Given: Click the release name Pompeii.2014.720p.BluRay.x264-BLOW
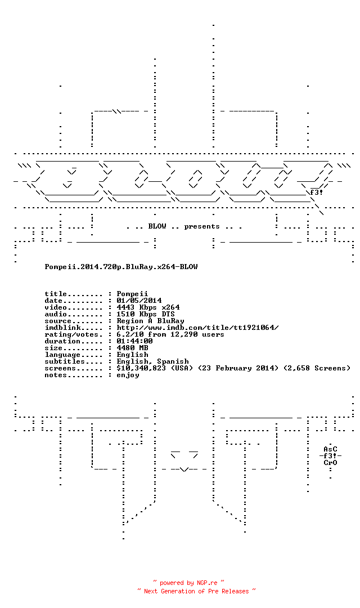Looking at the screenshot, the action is point(121,267).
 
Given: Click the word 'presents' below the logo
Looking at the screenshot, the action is point(202,226).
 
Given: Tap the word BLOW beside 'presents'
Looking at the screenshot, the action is point(157,226).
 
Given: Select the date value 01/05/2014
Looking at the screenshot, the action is point(139,301).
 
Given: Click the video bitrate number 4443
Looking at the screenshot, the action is point(125,307).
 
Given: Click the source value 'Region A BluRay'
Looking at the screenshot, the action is point(150,321).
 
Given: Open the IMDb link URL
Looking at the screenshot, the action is point(197,328).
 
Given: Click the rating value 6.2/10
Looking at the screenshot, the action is point(130,334).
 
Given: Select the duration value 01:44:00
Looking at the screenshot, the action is point(134,341).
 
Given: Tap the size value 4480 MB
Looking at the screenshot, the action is point(133,348).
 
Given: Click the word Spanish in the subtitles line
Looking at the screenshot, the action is point(173,361).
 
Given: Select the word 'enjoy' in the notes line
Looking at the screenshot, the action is point(128,375).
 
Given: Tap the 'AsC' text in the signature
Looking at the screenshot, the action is point(331,449).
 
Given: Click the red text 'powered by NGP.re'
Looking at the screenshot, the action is point(188,583).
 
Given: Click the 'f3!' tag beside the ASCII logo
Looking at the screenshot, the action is point(316,193).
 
